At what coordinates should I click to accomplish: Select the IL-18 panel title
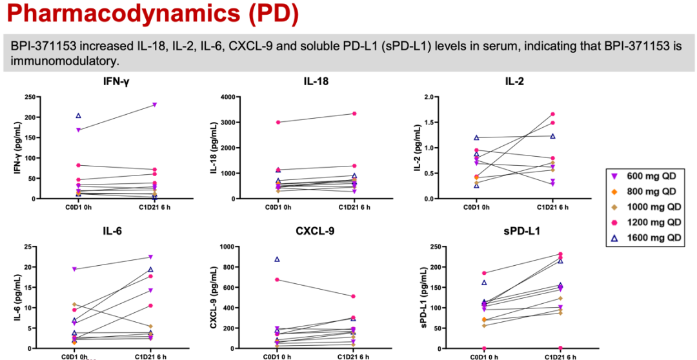[317, 81]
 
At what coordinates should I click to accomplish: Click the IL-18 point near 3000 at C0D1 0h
[278, 122]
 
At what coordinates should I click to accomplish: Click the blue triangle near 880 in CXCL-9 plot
[278, 259]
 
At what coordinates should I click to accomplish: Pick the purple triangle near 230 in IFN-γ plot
[155, 105]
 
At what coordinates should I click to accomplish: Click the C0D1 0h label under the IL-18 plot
[278, 208]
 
